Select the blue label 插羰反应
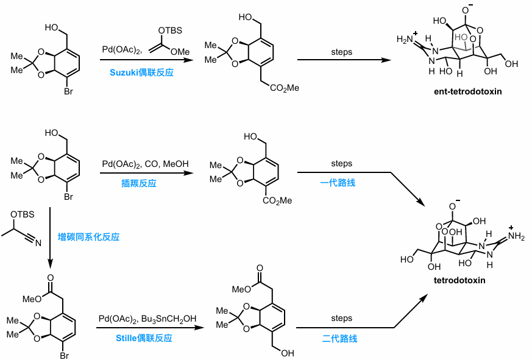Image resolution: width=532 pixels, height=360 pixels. [138, 183]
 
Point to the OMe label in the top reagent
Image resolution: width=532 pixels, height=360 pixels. [180, 51]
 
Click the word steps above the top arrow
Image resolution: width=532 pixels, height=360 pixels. [341, 52]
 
